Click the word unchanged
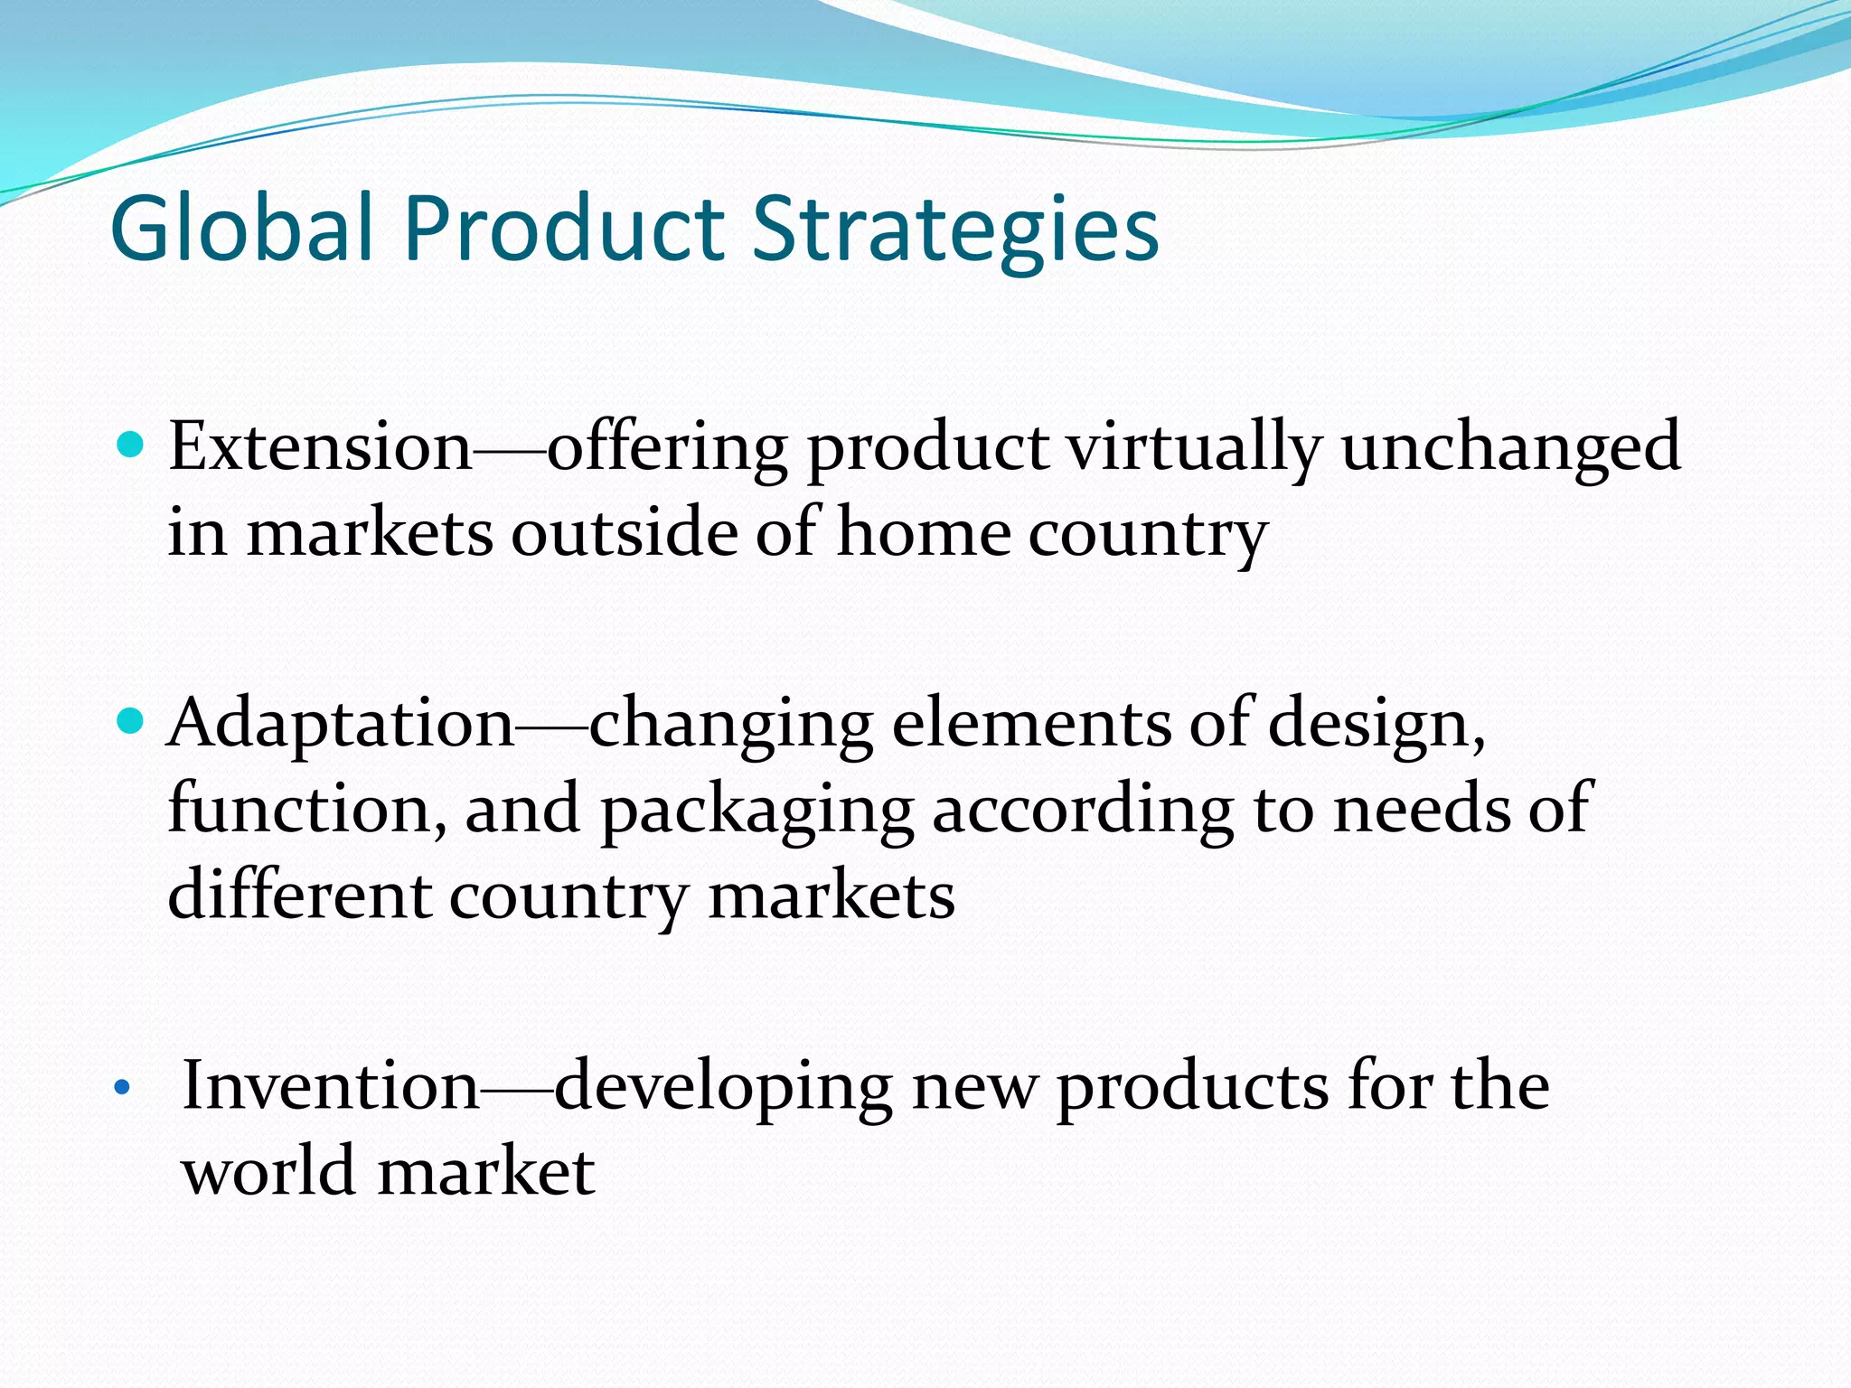pyautogui.click(x=1510, y=447)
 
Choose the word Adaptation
pyautogui.click(x=341, y=723)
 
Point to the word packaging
pyautogui.click(x=757, y=810)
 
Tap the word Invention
pyautogui.click(x=330, y=1084)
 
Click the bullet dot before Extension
pyautogui.click(x=131, y=445)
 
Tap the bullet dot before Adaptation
pyautogui.click(x=131, y=721)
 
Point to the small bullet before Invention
pyautogui.click(x=122, y=1088)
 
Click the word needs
pyautogui.click(x=1421, y=808)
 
